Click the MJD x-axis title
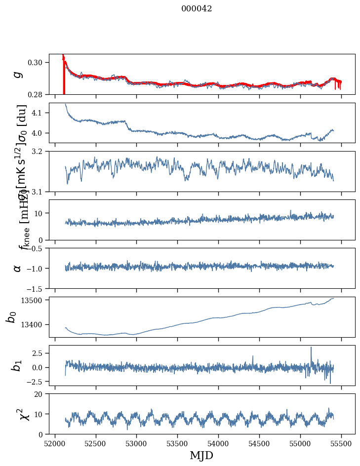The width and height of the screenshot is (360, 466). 201,456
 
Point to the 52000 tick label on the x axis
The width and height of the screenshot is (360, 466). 55,444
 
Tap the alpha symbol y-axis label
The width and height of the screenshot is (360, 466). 17,268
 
